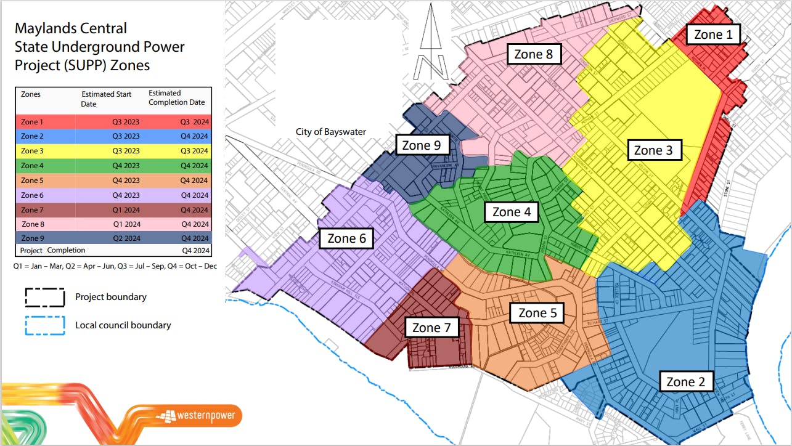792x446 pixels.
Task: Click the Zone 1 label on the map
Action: click(713, 34)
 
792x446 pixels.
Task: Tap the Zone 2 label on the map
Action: click(685, 382)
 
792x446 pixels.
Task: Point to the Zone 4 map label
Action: click(512, 212)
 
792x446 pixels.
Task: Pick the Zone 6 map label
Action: click(346, 238)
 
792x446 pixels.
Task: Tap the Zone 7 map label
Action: click(431, 328)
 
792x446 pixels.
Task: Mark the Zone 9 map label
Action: click(422, 145)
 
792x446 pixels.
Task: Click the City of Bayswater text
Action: click(330, 132)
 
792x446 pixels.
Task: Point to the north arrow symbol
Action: click(430, 43)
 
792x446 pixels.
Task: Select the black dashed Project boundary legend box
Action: click(44, 297)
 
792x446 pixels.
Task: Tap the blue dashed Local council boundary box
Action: click(44, 325)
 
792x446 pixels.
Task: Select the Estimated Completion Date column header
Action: click(176, 98)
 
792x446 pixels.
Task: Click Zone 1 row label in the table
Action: click(32, 122)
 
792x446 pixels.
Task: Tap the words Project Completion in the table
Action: click(52, 250)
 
